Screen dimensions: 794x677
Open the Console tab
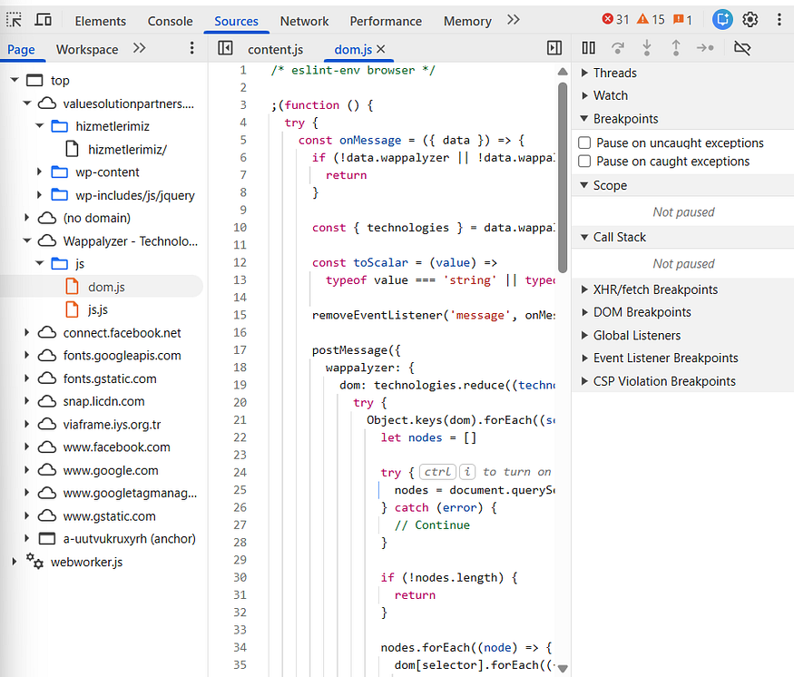(x=171, y=21)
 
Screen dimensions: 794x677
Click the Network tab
(x=304, y=21)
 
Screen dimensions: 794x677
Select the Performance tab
(x=386, y=21)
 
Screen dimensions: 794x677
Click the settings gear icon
(x=750, y=20)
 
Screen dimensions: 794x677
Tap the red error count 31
(x=615, y=20)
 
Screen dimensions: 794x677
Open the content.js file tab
(x=276, y=49)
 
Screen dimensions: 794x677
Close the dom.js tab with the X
(x=381, y=49)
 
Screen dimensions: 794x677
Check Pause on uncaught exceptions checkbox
(x=584, y=142)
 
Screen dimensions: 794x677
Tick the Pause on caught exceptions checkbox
(x=584, y=161)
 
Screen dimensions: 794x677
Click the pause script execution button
(x=588, y=48)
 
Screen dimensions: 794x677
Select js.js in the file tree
(x=98, y=309)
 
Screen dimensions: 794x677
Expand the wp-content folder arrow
(x=39, y=172)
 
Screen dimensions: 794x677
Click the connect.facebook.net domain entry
(x=122, y=333)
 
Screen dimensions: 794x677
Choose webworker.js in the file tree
(x=86, y=562)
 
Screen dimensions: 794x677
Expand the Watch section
(x=610, y=95)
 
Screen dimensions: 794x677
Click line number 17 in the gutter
(x=240, y=350)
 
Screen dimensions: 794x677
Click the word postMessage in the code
(x=350, y=350)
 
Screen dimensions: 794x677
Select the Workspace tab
(x=87, y=49)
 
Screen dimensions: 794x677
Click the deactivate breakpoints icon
(x=742, y=48)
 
